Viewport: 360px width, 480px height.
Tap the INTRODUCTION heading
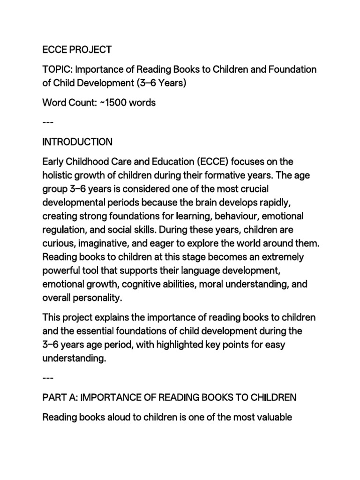coord(77,142)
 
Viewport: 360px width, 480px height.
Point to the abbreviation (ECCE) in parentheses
coord(209,162)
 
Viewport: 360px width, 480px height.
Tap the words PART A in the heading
coord(60,398)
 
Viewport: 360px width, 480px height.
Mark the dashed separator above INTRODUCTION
coord(48,123)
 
